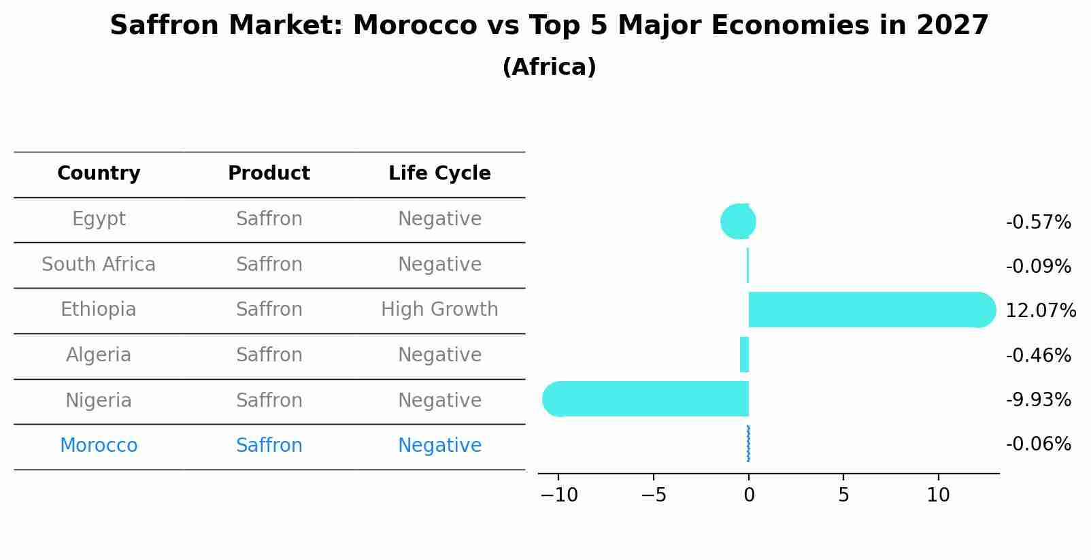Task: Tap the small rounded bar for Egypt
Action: click(738, 221)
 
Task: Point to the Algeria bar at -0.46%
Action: click(745, 355)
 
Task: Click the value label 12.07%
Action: click(1040, 311)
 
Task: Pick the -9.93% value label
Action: click(1038, 399)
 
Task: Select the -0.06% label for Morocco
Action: click(1038, 444)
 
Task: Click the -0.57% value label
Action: click(1038, 223)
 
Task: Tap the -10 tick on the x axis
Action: click(558, 495)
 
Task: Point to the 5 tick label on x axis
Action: click(843, 495)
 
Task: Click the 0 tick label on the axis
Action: click(749, 495)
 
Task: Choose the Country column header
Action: click(99, 174)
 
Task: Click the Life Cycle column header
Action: click(439, 174)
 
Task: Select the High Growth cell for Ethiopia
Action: click(439, 310)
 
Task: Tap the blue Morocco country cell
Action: click(99, 446)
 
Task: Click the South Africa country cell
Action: click(99, 264)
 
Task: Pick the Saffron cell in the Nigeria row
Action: click(269, 400)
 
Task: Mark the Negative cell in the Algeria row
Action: click(439, 355)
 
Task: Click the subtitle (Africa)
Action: click(549, 67)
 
